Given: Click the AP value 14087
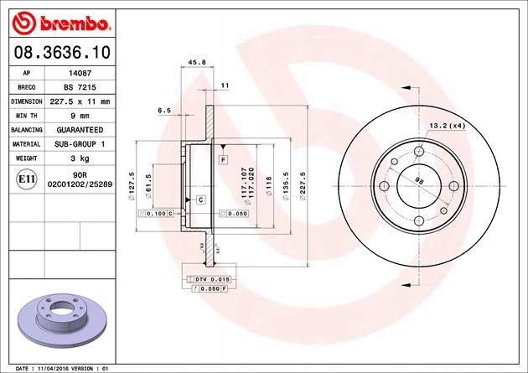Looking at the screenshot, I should (x=80, y=73).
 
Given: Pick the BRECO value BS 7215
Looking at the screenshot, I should (x=80, y=87).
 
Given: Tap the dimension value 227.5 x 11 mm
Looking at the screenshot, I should (x=80, y=101).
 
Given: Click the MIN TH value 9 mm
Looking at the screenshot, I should (x=80, y=116).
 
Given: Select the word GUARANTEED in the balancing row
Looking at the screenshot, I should (x=80, y=130).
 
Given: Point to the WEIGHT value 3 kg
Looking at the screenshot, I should (x=80, y=158).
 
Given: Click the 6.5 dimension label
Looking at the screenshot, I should (x=164, y=110).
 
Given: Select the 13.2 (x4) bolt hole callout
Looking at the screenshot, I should (x=447, y=126).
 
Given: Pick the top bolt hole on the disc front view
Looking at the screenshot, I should (x=418, y=150).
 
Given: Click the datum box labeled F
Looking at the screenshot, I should (x=224, y=158).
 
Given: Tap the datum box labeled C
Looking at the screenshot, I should (x=201, y=199).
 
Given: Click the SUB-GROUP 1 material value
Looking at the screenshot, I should (x=80, y=144).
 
